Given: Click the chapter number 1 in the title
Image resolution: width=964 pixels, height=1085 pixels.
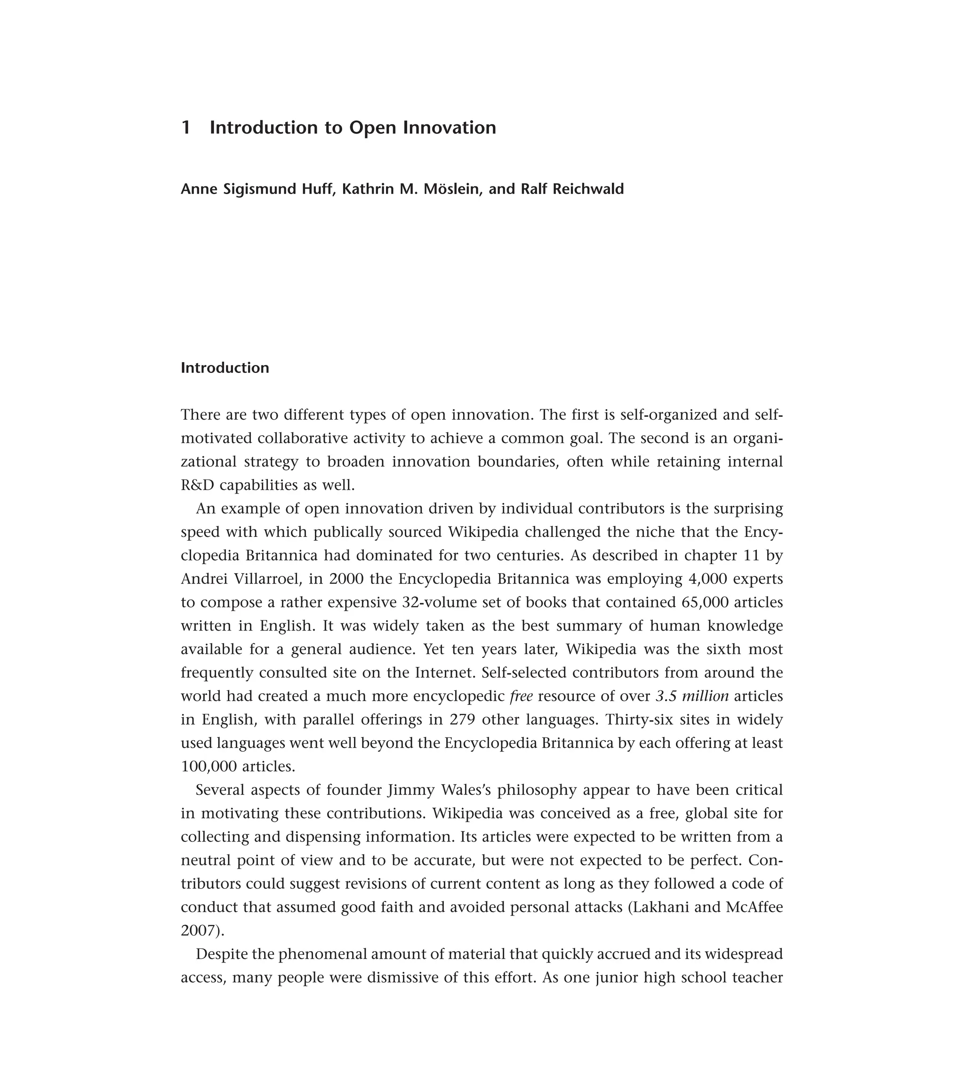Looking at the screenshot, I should [185, 128].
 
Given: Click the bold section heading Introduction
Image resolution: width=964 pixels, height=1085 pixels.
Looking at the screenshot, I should [225, 368].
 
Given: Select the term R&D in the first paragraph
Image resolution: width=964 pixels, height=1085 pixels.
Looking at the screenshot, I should [197, 485].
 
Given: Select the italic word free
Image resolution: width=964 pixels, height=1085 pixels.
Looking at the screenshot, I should [521, 696].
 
